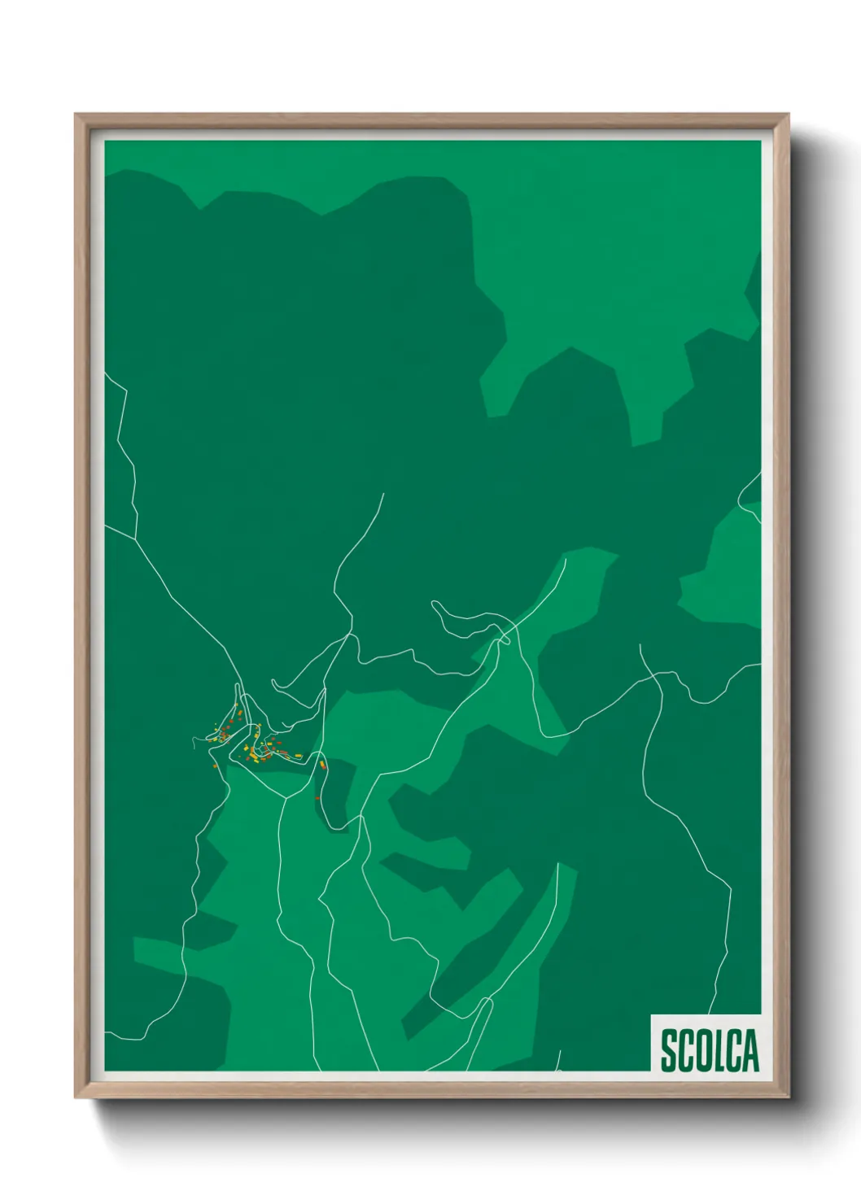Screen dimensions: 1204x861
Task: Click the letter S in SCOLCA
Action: pos(668,1051)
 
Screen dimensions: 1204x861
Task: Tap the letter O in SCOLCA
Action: pos(704,1051)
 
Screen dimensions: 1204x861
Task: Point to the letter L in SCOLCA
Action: pos(720,1051)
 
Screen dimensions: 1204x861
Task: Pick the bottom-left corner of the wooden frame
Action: pos(76,1097)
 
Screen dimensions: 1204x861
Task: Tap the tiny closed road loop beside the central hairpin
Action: pos(505,639)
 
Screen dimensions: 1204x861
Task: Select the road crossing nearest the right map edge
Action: pos(660,674)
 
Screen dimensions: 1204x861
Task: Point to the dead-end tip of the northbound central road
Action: pos(382,493)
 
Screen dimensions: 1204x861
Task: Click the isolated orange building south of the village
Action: pos(317,798)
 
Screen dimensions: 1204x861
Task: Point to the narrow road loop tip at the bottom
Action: pos(491,1000)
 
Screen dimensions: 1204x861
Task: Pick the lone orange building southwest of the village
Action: pos(213,766)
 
